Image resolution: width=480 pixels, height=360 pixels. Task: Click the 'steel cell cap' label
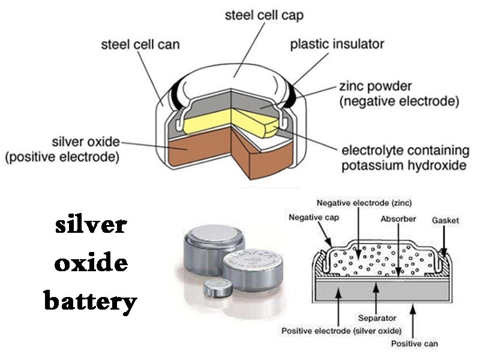click(x=265, y=15)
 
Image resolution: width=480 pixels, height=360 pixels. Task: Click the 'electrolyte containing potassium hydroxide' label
click(x=403, y=157)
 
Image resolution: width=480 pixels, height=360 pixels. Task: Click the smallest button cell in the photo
click(x=217, y=289)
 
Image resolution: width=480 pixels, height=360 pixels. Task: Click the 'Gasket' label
click(x=445, y=221)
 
